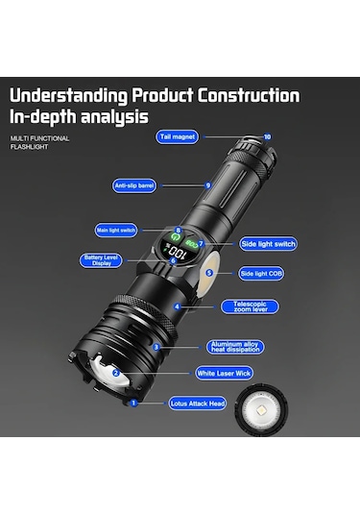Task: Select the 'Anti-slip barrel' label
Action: tap(135, 184)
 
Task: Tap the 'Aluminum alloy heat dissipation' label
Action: tap(236, 346)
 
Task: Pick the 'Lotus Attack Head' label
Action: tap(198, 404)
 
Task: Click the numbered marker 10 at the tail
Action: tap(267, 136)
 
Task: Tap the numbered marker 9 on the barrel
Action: tap(207, 184)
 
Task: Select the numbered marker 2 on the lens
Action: tap(115, 373)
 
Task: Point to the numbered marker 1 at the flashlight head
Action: tap(133, 404)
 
